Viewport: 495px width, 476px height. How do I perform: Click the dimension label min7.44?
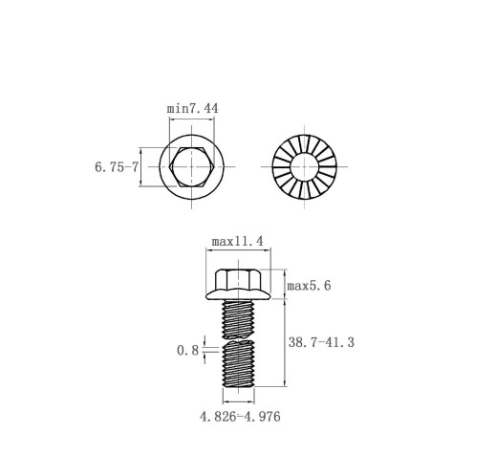point(193,108)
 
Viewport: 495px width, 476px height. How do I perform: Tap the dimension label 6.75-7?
point(117,167)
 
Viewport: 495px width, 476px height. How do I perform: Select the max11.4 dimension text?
point(238,242)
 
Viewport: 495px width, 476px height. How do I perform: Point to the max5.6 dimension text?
point(309,286)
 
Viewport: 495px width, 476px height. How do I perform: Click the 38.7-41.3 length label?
point(321,342)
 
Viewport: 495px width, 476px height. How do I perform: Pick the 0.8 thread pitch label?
point(187,351)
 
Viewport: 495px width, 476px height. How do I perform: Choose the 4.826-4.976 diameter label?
point(240,417)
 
